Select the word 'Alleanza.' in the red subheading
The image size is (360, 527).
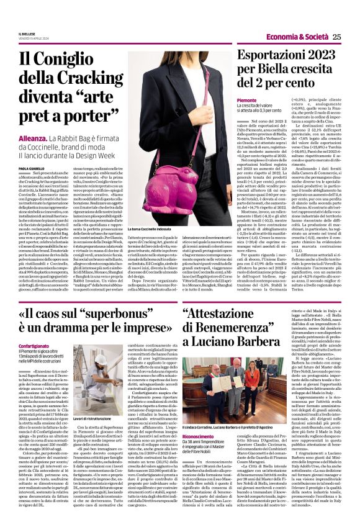pos(34,138)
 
